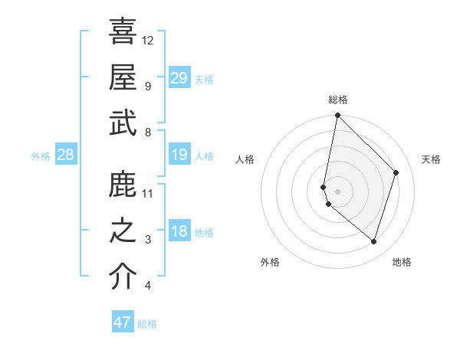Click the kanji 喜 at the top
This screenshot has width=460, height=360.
[123, 31]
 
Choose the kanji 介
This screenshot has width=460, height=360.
[123, 277]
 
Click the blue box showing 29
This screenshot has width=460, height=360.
[179, 77]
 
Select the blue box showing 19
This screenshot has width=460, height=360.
[179, 155]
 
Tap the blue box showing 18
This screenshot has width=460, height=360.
[179, 231]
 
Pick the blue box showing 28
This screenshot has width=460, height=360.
[66, 155]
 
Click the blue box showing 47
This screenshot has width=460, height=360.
[123, 322]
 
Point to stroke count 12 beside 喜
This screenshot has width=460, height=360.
[148, 40]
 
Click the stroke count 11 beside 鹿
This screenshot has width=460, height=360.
[148, 193]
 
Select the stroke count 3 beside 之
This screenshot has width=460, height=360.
[148, 240]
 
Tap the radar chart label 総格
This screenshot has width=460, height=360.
[338, 100]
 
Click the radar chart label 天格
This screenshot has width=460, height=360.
[431, 159]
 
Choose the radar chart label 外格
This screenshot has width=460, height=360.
[269, 262]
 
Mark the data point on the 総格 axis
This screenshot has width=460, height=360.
[337, 116]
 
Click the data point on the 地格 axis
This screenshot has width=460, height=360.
[373, 241]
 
